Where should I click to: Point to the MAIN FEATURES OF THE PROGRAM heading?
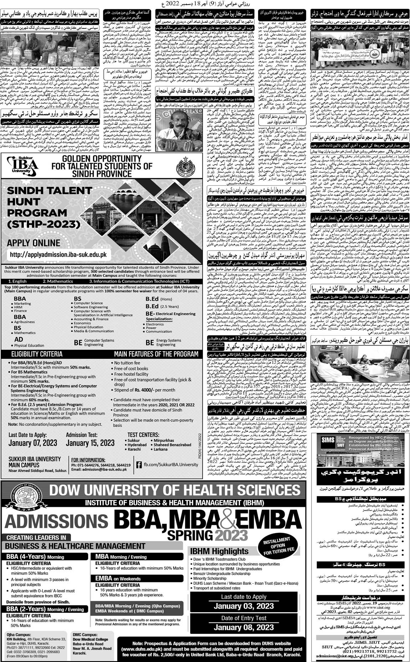point(156,354)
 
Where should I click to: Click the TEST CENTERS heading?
point(143,435)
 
